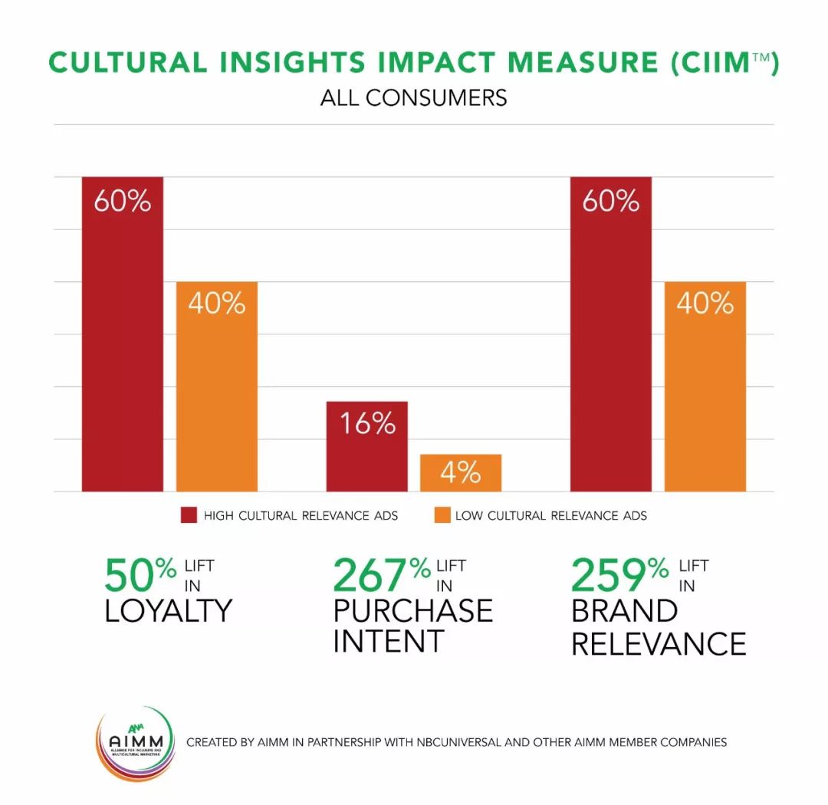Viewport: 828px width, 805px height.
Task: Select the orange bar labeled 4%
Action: coord(461,473)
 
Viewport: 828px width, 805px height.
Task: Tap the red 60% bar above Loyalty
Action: coord(123,334)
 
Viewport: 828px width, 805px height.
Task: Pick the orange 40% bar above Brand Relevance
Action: coord(705,386)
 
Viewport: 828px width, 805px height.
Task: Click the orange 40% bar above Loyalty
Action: coord(217,386)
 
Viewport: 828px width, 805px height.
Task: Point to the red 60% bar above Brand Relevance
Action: coord(611,334)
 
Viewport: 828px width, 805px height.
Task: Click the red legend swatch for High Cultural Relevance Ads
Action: coord(189,515)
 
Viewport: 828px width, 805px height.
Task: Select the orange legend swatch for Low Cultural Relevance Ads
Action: coord(441,515)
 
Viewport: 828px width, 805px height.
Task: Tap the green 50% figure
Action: coord(140,576)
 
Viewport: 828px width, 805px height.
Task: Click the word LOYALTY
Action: coord(168,611)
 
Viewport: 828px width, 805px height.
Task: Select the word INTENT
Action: coord(388,641)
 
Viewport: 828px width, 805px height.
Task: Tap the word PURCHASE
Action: coord(412,611)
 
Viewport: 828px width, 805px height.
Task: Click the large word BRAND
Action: coord(624,611)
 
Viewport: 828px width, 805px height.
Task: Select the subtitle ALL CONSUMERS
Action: coord(413,98)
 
